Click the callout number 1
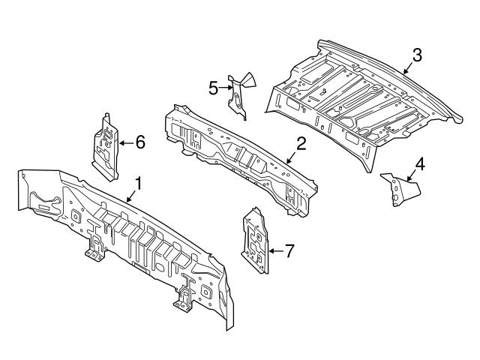click(138, 182)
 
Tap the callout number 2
click(300, 144)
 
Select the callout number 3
click(417, 54)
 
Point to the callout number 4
click(420, 163)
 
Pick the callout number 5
click(214, 88)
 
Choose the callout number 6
click(140, 140)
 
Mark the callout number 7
click(289, 250)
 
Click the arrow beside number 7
click(274, 250)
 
